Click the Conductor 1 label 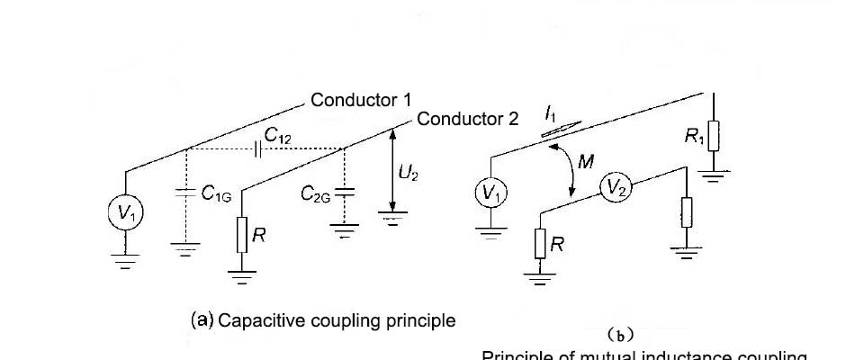point(361,100)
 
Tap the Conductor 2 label point(468,119)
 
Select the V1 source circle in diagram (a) point(123,213)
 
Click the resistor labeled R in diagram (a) point(242,236)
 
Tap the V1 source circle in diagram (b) point(490,192)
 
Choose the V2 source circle point(616,187)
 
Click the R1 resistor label point(694,137)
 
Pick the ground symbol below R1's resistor point(714,175)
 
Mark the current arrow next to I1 point(553,131)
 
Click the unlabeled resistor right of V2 point(687,214)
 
